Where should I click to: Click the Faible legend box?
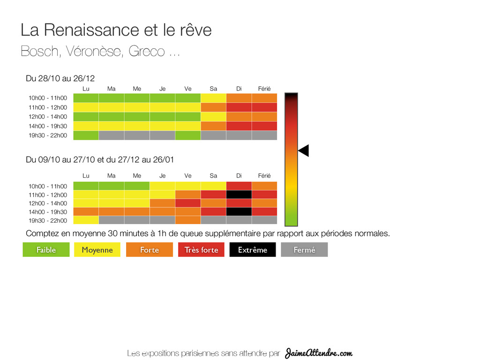coord(46,250)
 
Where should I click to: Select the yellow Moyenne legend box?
coord(97,250)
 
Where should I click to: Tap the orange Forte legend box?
coord(150,250)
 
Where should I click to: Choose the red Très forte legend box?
coord(201,250)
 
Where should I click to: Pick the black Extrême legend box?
coord(253,250)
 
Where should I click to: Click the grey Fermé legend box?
coord(304,250)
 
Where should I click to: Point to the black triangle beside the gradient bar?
coord(304,151)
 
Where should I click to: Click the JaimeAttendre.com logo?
coord(319,353)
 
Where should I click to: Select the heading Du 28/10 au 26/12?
coord(57,78)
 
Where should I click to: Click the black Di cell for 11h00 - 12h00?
coord(239,195)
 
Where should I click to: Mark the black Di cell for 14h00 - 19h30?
coord(239,212)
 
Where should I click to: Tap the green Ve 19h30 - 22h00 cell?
coord(188,135)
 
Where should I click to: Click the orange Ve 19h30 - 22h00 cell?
coord(188,220)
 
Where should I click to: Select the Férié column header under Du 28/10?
coord(264,89)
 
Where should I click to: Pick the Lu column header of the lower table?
coord(86,176)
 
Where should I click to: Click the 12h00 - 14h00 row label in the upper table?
coord(48,117)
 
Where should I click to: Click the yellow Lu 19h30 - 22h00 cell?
coord(86,220)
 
